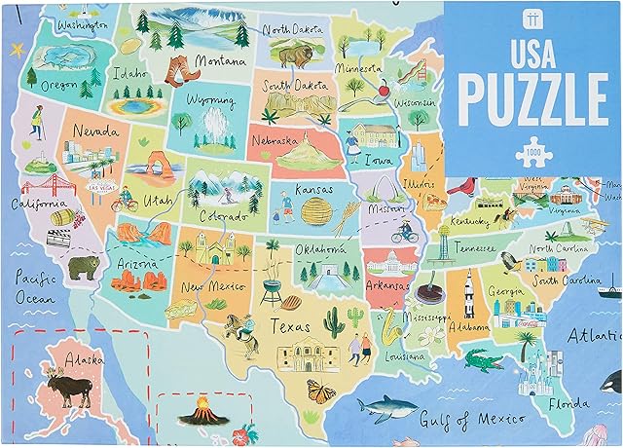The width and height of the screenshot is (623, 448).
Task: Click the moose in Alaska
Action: [75, 388]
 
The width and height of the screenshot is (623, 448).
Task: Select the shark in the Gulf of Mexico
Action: [381, 405]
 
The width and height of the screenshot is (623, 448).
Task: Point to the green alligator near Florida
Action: [478, 362]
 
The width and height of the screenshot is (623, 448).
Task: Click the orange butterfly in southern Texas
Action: [321, 391]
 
